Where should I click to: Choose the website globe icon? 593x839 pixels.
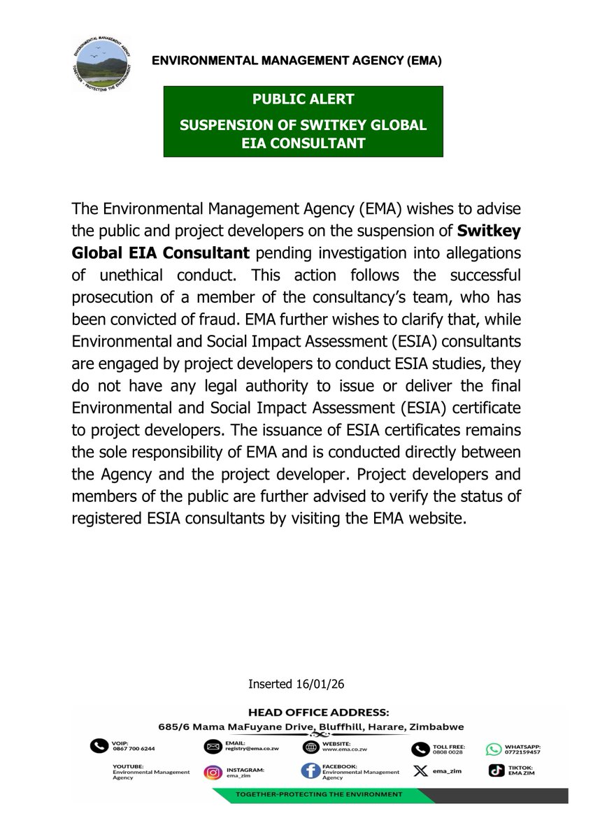point(311,747)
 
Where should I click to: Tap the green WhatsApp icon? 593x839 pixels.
point(494,749)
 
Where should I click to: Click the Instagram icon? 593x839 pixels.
point(213,773)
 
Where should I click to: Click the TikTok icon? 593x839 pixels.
point(494,771)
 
